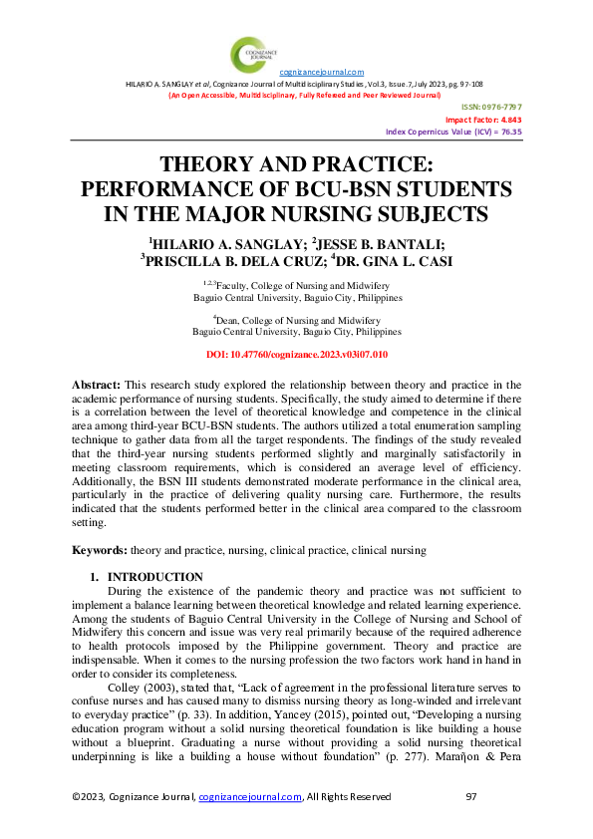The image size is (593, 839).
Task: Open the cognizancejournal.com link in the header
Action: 321,73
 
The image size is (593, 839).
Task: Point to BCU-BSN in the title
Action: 389,189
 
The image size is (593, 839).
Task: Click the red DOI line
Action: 296,354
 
